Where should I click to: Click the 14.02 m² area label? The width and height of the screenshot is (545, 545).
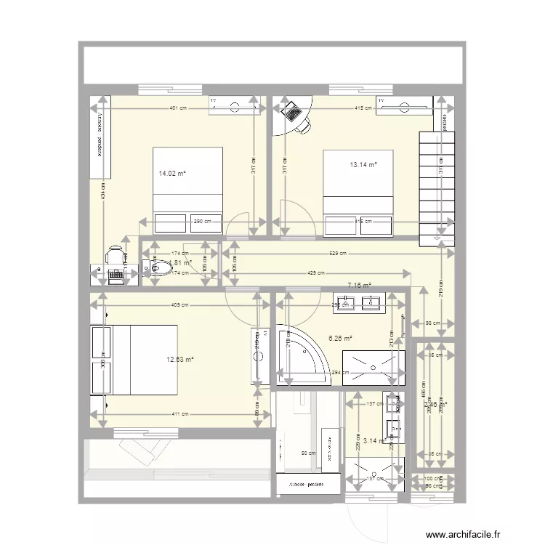[172, 174]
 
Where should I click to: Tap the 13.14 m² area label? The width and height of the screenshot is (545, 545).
[363, 165]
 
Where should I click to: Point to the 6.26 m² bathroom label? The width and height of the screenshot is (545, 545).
[340, 338]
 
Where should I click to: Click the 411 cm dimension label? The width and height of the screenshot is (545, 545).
[181, 414]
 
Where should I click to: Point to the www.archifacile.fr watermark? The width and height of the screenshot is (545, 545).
[463, 534]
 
